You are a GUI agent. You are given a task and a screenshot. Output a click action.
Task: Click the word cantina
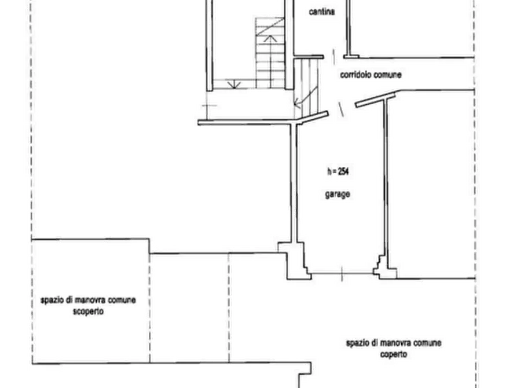point(322,12)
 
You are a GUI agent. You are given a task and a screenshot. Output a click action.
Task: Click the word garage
point(338,195)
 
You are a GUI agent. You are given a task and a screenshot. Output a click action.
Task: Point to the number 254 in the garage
point(343,171)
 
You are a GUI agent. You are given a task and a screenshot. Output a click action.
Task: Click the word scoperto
point(88,312)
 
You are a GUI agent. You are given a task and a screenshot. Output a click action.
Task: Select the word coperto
point(393,354)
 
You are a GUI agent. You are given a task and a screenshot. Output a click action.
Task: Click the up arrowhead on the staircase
point(270,38)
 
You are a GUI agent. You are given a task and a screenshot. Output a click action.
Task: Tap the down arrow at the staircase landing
point(234,84)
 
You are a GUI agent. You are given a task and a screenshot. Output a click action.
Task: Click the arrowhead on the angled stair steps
point(297,104)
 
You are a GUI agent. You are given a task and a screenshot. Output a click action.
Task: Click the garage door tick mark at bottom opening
point(342,274)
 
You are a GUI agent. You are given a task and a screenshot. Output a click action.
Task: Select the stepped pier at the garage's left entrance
point(295,261)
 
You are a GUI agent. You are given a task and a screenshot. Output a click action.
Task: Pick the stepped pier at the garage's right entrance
point(385,268)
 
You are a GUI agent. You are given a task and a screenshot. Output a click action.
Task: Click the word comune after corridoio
point(388,75)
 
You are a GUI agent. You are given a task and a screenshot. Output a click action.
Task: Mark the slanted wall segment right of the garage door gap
point(375,100)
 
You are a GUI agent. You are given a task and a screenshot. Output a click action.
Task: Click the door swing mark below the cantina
point(333,57)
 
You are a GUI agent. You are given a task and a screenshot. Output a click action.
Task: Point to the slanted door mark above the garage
point(341,109)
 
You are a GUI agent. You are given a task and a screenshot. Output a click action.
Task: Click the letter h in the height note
point(329,171)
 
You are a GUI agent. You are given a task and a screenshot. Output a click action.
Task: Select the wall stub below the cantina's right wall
point(351,57)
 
